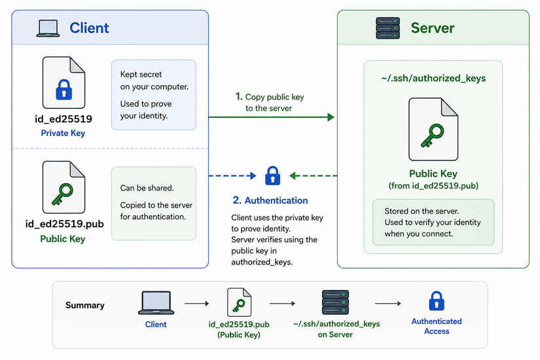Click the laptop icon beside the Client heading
point(48,28)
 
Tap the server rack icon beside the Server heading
point(387,28)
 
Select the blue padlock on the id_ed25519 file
point(63,90)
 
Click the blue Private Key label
point(63,133)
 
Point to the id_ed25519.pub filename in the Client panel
point(64,224)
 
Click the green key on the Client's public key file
point(62,194)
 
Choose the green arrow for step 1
point(272,117)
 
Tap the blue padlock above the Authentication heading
point(272,175)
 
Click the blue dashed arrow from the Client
point(232,175)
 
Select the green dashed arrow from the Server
point(314,175)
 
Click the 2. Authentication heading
point(270,200)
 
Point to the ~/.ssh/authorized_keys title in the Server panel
point(433,78)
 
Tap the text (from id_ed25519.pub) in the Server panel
point(433,186)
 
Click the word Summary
point(85,305)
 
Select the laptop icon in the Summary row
point(156,303)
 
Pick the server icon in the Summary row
point(335,302)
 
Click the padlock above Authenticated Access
point(437,300)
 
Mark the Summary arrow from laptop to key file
point(196,304)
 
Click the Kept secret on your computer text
point(154,81)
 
